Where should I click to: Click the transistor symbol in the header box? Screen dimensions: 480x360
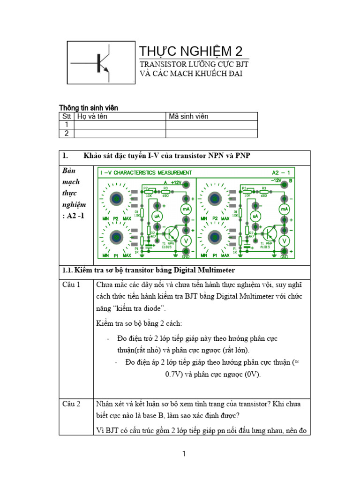tap(100, 63)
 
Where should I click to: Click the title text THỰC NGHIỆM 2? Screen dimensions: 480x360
tap(192, 51)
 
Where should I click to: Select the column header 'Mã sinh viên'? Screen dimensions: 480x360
tap(188, 116)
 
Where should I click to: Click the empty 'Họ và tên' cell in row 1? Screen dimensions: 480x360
tap(120, 125)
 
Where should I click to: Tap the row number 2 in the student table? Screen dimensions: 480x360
tap(67, 133)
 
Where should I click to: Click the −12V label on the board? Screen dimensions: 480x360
tap(276, 180)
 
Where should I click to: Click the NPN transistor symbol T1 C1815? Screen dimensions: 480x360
tap(170, 232)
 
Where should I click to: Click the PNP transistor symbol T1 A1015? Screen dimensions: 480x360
tap(268, 233)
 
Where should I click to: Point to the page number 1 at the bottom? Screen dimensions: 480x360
tap(185, 454)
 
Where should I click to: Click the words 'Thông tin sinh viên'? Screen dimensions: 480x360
tap(88, 108)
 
